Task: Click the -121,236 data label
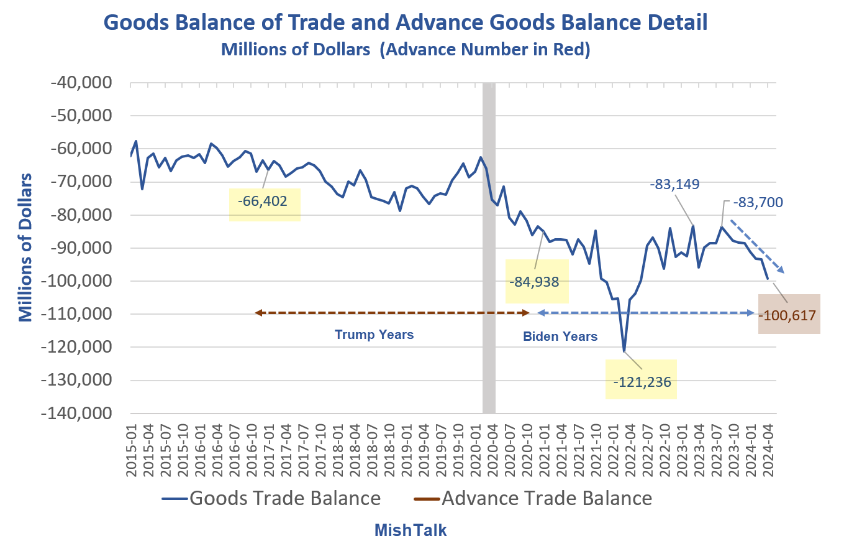[x=642, y=382]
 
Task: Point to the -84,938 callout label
[x=534, y=281]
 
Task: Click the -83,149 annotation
[x=674, y=184]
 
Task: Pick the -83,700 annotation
[x=758, y=202]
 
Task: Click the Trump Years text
[x=374, y=335]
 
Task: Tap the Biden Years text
[x=560, y=336]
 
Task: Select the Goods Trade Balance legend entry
[x=271, y=498]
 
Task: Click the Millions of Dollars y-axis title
[x=25, y=248]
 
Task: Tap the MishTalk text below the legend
[x=411, y=531]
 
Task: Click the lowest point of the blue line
[x=624, y=351]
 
